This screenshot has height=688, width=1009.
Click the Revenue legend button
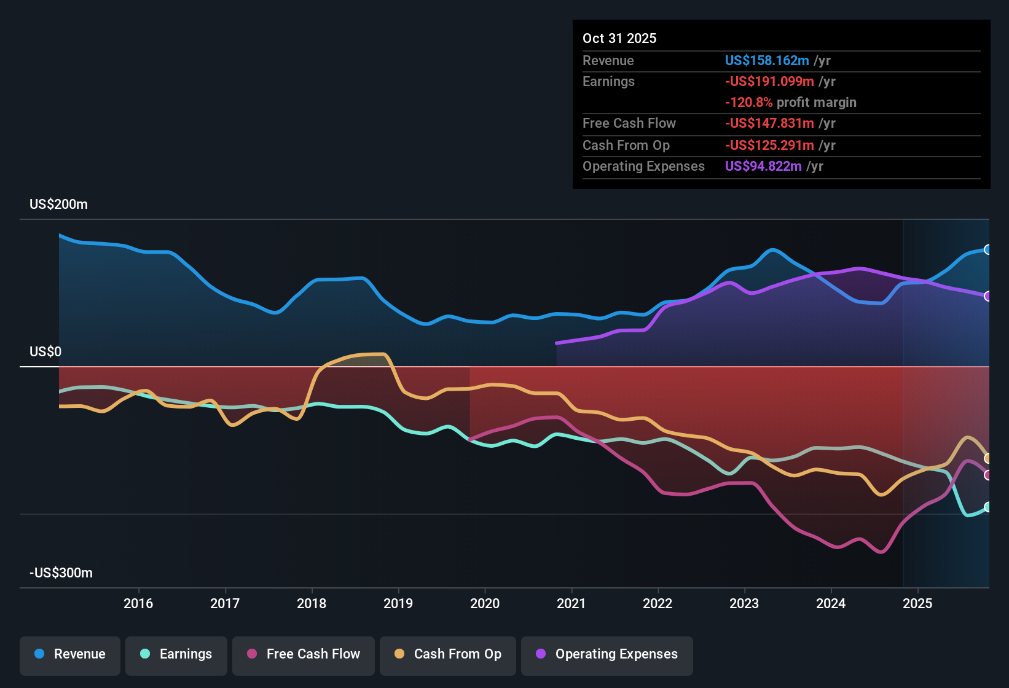click(70, 654)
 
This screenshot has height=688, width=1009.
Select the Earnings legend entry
click(176, 654)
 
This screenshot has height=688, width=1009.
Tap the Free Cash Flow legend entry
click(304, 654)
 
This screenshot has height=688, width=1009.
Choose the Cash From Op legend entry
click(448, 654)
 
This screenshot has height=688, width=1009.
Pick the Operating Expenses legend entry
click(607, 654)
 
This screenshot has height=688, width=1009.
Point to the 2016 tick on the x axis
click(138, 603)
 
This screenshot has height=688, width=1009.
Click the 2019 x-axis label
click(398, 603)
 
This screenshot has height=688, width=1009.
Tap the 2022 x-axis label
click(658, 603)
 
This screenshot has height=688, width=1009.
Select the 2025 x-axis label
click(917, 603)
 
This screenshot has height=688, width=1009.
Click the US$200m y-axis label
click(58, 205)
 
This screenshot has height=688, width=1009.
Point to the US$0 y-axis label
click(45, 352)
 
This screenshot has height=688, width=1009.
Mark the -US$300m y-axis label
click(61, 573)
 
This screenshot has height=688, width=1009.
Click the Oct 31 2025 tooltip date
click(619, 39)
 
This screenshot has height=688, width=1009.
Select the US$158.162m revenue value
click(767, 61)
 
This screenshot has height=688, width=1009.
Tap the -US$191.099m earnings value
click(769, 82)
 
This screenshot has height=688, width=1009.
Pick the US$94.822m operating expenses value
click(763, 166)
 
